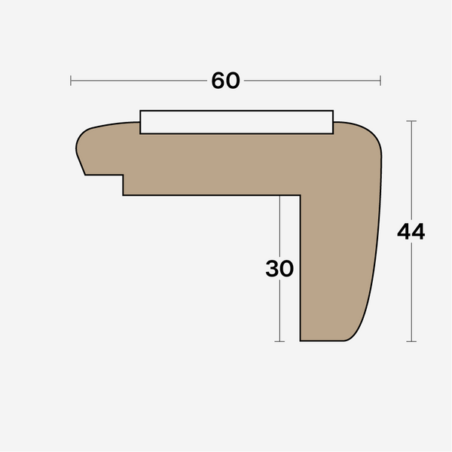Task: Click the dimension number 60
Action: [x=225, y=81]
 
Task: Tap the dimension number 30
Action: [x=279, y=269]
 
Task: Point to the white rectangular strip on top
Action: [x=237, y=122]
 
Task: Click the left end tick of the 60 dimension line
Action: [x=71, y=81]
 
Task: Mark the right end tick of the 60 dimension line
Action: [x=380, y=81]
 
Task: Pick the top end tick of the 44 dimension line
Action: [x=411, y=121]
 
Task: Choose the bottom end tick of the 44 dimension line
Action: [x=411, y=341]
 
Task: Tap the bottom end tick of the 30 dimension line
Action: [x=279, y=341]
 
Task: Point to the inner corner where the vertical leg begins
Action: [x=300, y=196]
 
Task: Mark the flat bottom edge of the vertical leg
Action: [x=324, y=341]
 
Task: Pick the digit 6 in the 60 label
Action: [x=218, y=81]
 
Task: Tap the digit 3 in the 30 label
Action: [x=273, y=269]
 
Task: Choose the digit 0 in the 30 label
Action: [x=286, y=269]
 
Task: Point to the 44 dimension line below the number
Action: [x=411, y=294]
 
